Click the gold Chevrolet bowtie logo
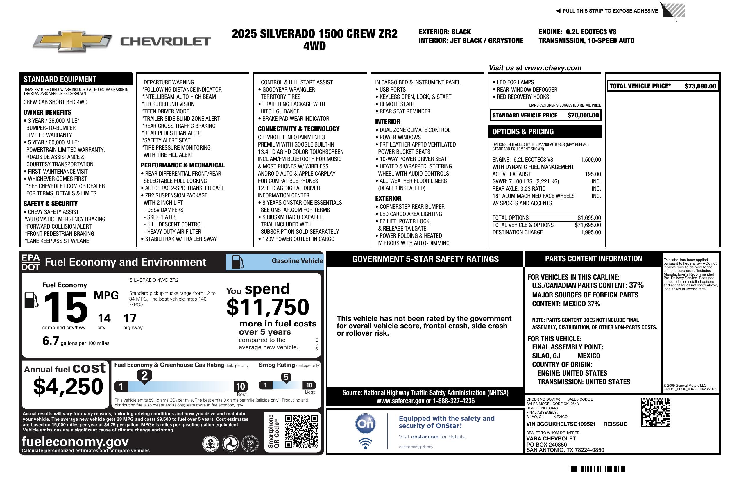point(72,41)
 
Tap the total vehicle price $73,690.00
point(700,86)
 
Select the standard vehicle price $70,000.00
point(583,115)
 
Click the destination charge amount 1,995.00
point(590,232)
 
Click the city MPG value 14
point(104,318)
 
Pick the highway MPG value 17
point(130,318)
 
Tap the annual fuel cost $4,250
point(68,386)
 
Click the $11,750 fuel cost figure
point(268,307)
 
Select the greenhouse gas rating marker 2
point(144,376)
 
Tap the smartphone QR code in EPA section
point(301,431)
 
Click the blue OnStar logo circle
point(365,424)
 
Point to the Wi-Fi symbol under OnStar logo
point(365,444)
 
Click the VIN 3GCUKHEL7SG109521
point(561,424)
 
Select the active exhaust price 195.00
point(593,174)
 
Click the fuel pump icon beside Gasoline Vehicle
point(238,262)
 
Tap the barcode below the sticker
point(596,469)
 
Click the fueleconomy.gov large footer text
point(75,442)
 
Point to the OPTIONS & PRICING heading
point(523,132)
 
